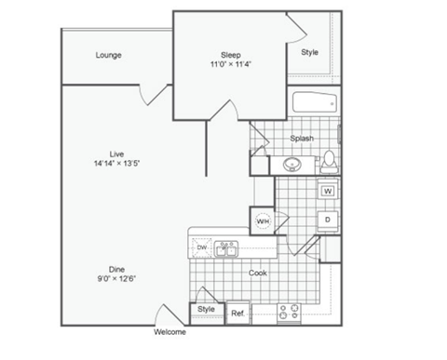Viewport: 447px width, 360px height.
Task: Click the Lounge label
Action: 108,55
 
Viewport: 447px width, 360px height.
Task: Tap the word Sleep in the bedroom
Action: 230,54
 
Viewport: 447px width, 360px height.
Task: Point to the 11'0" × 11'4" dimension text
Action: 230,64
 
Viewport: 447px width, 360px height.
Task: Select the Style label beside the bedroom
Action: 309,52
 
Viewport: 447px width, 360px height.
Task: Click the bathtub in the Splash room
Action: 315,105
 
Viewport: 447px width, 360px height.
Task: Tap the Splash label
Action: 301,139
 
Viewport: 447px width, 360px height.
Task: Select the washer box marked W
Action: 328,191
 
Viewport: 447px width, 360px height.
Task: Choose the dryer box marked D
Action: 328,220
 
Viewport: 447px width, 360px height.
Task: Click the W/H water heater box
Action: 263,221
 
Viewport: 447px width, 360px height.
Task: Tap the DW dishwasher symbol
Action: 201,248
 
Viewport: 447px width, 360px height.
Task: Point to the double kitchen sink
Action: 226,248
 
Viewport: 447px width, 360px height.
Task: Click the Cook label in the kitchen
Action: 259,273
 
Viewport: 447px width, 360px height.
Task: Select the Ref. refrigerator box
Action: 237,313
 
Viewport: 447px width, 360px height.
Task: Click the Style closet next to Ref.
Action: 206,310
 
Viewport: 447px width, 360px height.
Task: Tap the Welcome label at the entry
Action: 169,332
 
